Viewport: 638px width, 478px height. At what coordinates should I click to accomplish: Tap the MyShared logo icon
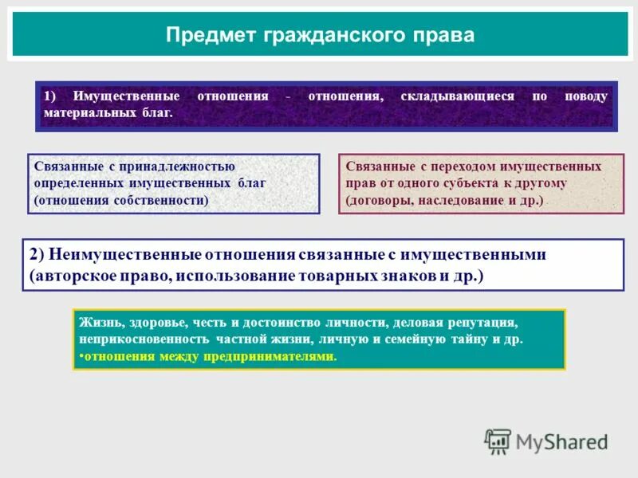pyautogui.click(x=498, y=441)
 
